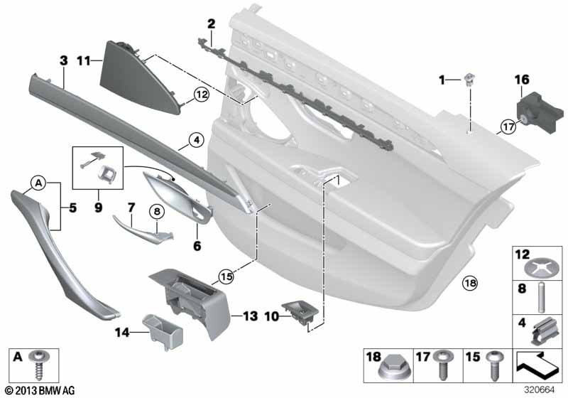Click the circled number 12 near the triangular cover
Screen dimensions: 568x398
(202, 95)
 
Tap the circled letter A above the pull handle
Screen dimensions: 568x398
(39, 183)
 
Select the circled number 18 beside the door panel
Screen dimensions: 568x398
(470, 282)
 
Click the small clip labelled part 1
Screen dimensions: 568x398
(469, 80)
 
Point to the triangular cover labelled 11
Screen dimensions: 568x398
(139, 80)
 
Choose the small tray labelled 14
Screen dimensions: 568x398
(163, 332)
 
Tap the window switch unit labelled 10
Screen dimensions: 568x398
(300, 313)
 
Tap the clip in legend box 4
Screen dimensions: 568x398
(543, 332)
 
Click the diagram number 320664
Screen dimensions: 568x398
(540, 390)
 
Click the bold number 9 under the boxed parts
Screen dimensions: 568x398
(98, 208)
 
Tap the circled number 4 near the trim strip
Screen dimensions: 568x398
(197, 140)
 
